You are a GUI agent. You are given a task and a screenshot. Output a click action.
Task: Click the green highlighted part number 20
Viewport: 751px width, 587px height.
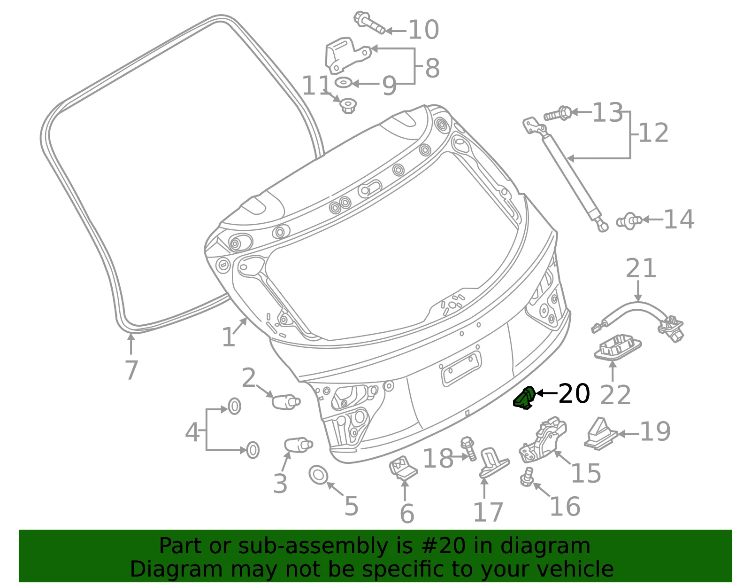[x=524, y=398]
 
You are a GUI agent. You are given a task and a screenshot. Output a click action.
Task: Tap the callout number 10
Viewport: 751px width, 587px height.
[x=424, y=30]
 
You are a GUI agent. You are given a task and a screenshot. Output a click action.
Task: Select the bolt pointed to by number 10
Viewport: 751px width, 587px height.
[x=369, y=23]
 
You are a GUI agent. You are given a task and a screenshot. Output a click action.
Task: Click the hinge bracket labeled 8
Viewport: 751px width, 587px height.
[x=347, y=55]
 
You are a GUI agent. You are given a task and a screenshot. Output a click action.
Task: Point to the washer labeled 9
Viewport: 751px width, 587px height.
[x=344, y=83]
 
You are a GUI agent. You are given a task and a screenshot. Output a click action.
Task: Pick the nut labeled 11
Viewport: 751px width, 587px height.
[x=347, y=105]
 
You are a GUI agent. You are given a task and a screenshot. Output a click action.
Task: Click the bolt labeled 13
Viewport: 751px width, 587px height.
[x=558, y=113]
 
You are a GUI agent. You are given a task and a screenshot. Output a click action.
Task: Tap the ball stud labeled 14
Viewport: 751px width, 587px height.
[x=629, y=221]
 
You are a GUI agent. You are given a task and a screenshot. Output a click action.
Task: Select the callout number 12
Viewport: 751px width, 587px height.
[x=653, y=133]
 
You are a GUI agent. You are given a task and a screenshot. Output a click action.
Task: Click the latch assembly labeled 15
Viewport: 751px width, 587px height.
[x=543, y=439]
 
